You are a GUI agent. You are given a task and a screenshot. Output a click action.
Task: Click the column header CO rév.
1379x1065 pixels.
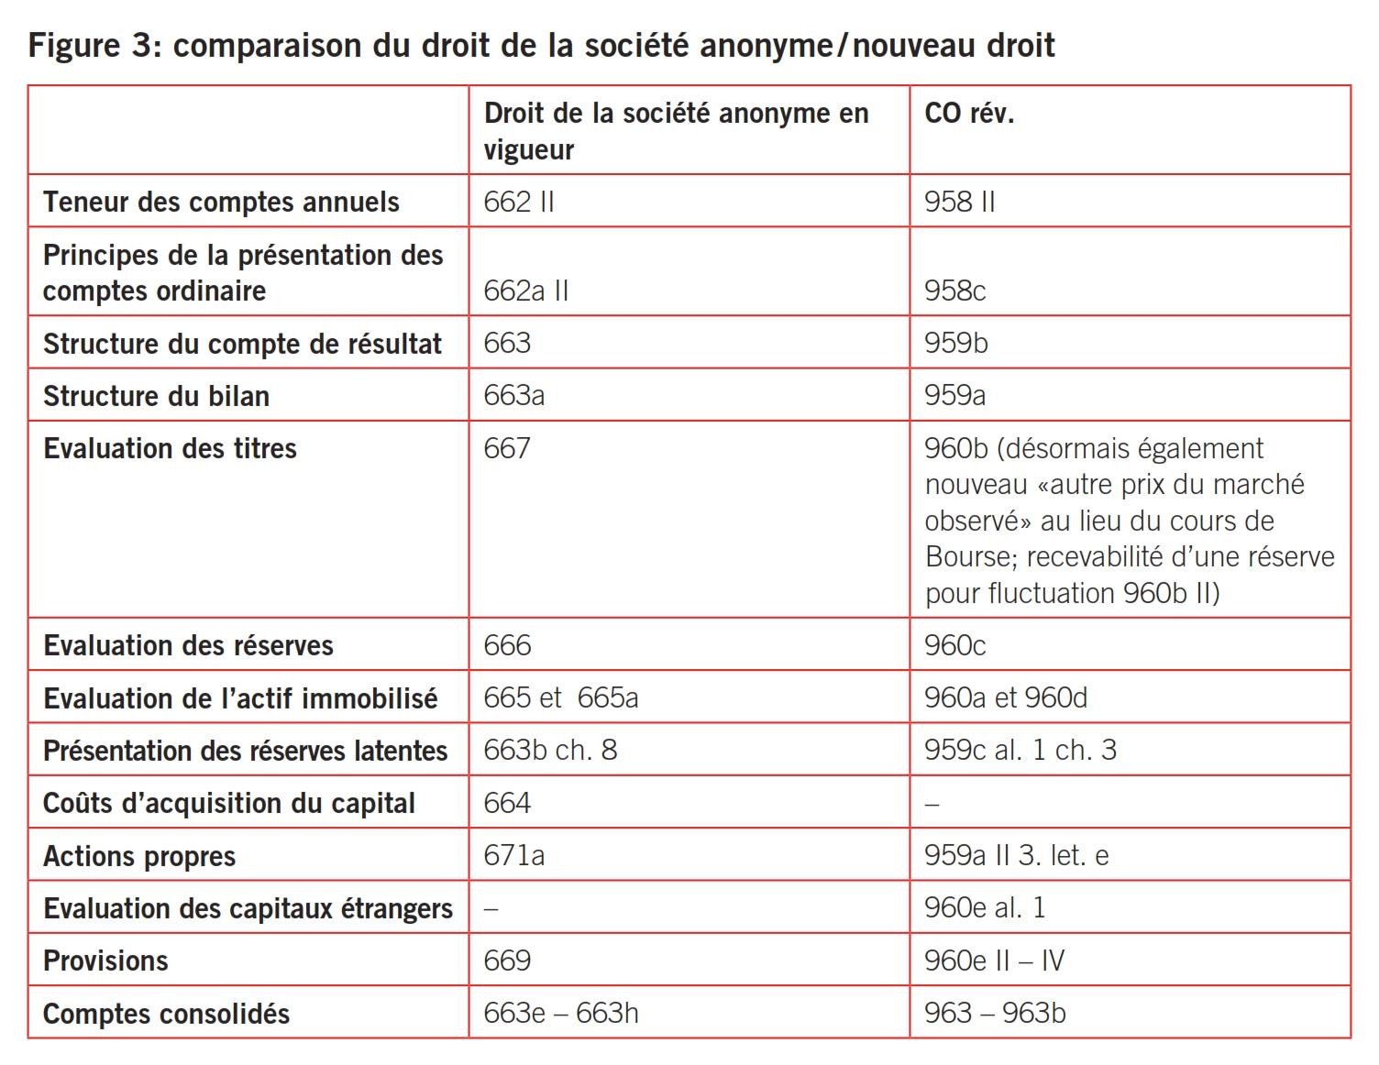click(969, 114)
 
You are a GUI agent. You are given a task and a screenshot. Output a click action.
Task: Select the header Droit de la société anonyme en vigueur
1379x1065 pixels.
click(676, 131)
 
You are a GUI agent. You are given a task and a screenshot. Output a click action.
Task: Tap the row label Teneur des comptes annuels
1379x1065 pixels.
click(221, 202)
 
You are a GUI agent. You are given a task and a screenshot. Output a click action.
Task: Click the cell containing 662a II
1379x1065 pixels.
click(526, 291)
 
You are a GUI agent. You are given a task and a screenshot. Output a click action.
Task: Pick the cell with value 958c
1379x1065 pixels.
click(954, 291)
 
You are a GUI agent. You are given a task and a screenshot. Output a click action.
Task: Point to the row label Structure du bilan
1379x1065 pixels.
click(157, 396)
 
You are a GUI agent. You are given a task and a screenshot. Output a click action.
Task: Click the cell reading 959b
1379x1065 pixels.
click(956, 343)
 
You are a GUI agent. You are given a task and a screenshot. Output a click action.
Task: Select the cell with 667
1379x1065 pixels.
click(507, 448)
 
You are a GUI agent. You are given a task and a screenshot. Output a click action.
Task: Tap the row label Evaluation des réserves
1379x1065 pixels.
click(188, 645)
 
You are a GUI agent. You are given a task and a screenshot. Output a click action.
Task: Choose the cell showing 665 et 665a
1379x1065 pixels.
click(560, 697)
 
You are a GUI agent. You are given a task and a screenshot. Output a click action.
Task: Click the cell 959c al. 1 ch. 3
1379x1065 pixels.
click(1020, 750)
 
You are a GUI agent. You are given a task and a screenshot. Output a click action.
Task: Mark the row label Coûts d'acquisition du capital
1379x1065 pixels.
click(229, 803)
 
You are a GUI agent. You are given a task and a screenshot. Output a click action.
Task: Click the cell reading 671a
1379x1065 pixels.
click(514, 855)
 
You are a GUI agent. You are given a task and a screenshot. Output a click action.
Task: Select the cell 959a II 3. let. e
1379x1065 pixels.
click(1017, 855)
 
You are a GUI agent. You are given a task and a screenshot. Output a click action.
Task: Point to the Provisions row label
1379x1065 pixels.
click(105, 961)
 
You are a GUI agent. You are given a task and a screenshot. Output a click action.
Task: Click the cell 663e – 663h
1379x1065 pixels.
click(561, 1013)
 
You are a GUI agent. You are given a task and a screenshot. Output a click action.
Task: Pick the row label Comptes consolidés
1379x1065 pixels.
click(166, 1014)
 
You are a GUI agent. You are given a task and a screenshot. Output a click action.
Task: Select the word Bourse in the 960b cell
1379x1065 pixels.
click(970, 556)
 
